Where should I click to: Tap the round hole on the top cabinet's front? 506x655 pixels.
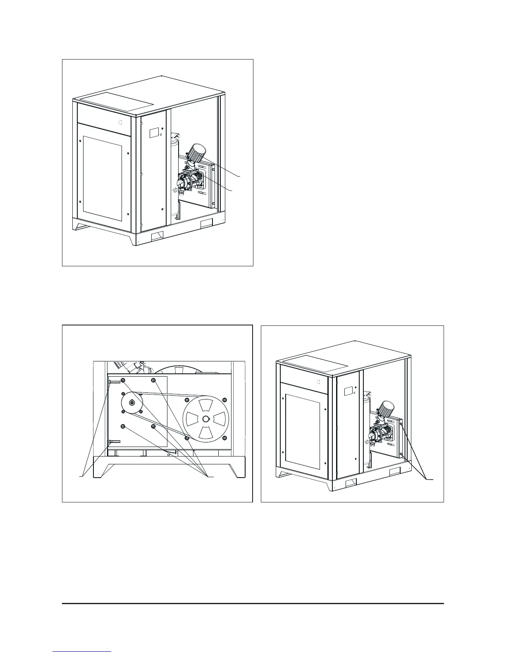(120, 122)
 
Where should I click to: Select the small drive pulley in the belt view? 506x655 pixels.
(131, 403)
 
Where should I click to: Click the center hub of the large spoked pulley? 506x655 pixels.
(206, 418)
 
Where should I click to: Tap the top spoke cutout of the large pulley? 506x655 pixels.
(206, 404)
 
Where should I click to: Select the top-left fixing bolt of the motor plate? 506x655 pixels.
(122, 380)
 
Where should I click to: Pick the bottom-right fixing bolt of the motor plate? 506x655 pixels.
(153, 426)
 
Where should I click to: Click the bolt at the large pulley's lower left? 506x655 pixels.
(187, 437)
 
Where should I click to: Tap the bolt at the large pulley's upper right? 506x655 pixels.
(224, 399)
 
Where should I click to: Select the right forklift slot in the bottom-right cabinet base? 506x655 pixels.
(395, 472)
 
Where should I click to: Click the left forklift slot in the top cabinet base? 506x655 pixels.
(158, 236)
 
